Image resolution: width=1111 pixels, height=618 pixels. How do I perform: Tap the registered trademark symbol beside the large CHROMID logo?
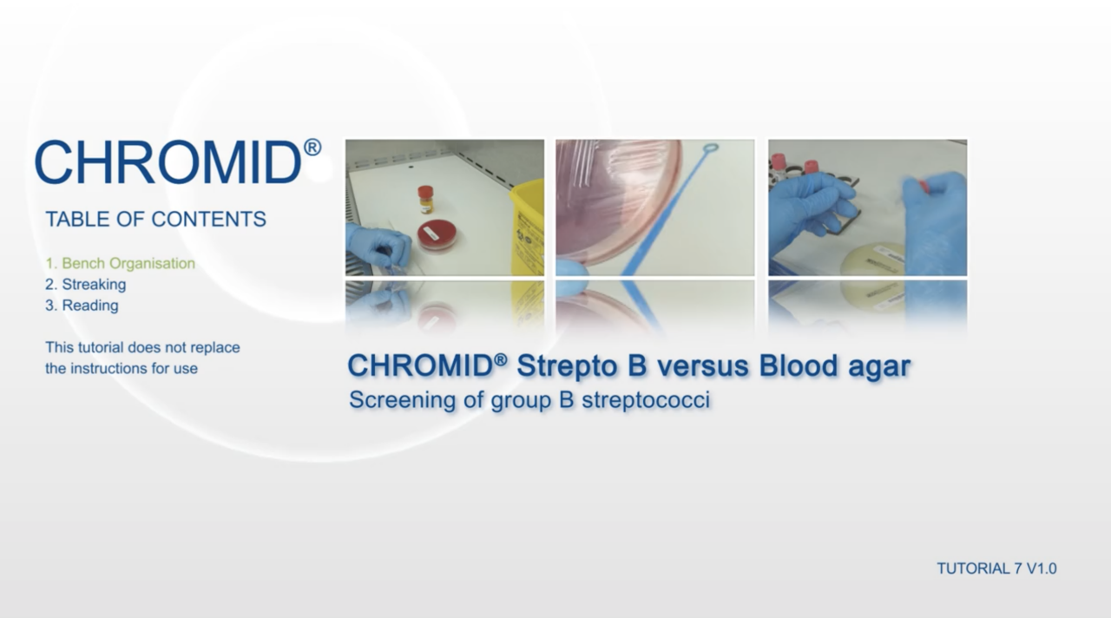[x=312, y=148]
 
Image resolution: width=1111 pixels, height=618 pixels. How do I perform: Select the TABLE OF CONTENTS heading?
[x=155, y=220]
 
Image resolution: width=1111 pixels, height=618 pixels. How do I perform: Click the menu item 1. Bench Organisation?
[x=120, y=264]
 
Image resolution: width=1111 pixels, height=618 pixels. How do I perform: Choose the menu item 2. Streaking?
[x=85, y=285]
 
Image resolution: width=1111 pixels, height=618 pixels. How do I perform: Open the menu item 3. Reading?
[x=82, y=306]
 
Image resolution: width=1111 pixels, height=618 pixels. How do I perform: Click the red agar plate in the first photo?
[x=437, y=233]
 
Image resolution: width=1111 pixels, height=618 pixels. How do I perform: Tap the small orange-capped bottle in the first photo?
[x=425, y=199]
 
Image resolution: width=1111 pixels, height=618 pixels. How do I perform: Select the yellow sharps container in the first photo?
[x=527, y=226]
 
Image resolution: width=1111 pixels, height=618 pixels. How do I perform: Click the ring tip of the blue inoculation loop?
[x=711, y=151]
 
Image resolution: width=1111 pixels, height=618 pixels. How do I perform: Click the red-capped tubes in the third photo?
[x=794, y=164]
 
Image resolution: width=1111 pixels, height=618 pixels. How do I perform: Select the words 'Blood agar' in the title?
[x=834, y=365]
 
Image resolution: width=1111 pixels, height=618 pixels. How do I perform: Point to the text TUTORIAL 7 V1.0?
[x=996, y=569]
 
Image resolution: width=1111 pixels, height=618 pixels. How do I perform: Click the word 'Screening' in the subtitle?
[x=387, y=401]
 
